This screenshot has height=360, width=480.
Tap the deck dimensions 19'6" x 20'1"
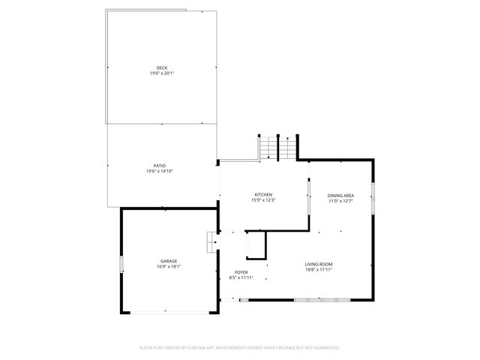162,73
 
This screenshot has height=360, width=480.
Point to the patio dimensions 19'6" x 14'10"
160,171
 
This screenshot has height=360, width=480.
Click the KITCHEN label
264,195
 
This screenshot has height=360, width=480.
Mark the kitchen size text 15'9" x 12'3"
264,200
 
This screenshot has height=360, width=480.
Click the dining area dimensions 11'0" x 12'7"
340,201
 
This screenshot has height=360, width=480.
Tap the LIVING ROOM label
318,264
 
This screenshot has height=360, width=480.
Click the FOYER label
241,272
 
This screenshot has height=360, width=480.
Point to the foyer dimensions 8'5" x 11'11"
241,277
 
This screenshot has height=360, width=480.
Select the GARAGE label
168,261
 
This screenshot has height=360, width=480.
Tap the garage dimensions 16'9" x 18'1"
168,266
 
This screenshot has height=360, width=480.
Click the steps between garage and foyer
211,242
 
